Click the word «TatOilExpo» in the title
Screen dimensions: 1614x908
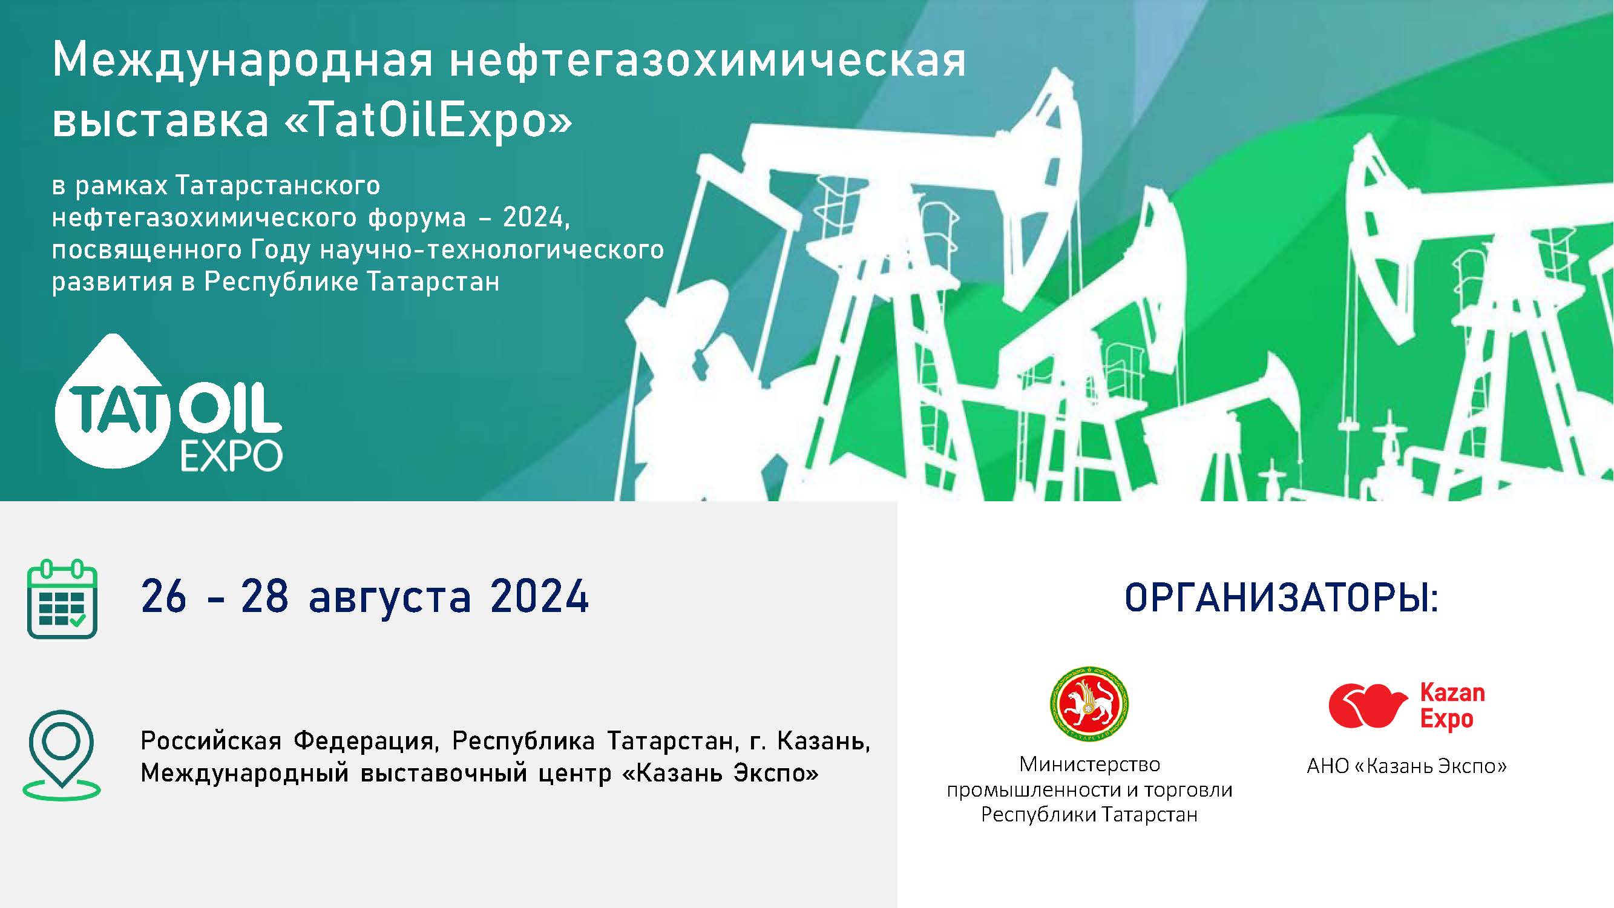[428, 119]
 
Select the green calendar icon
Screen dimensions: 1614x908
[62, 599]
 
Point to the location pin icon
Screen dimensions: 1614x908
[61, 755]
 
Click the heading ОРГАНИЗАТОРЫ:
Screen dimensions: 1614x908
[1281, 597]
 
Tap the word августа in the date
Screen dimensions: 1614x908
[390, 597]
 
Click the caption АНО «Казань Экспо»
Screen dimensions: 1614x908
[1406, 766]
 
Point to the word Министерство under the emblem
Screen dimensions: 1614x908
[1089, 764]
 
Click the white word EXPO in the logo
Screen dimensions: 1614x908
[231, 456]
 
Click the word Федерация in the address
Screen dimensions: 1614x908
[363, 741]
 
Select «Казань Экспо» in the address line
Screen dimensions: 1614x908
[721, 772]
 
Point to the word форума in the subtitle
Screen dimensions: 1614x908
[416, 218]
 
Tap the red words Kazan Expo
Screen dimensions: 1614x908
[1452, 707]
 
